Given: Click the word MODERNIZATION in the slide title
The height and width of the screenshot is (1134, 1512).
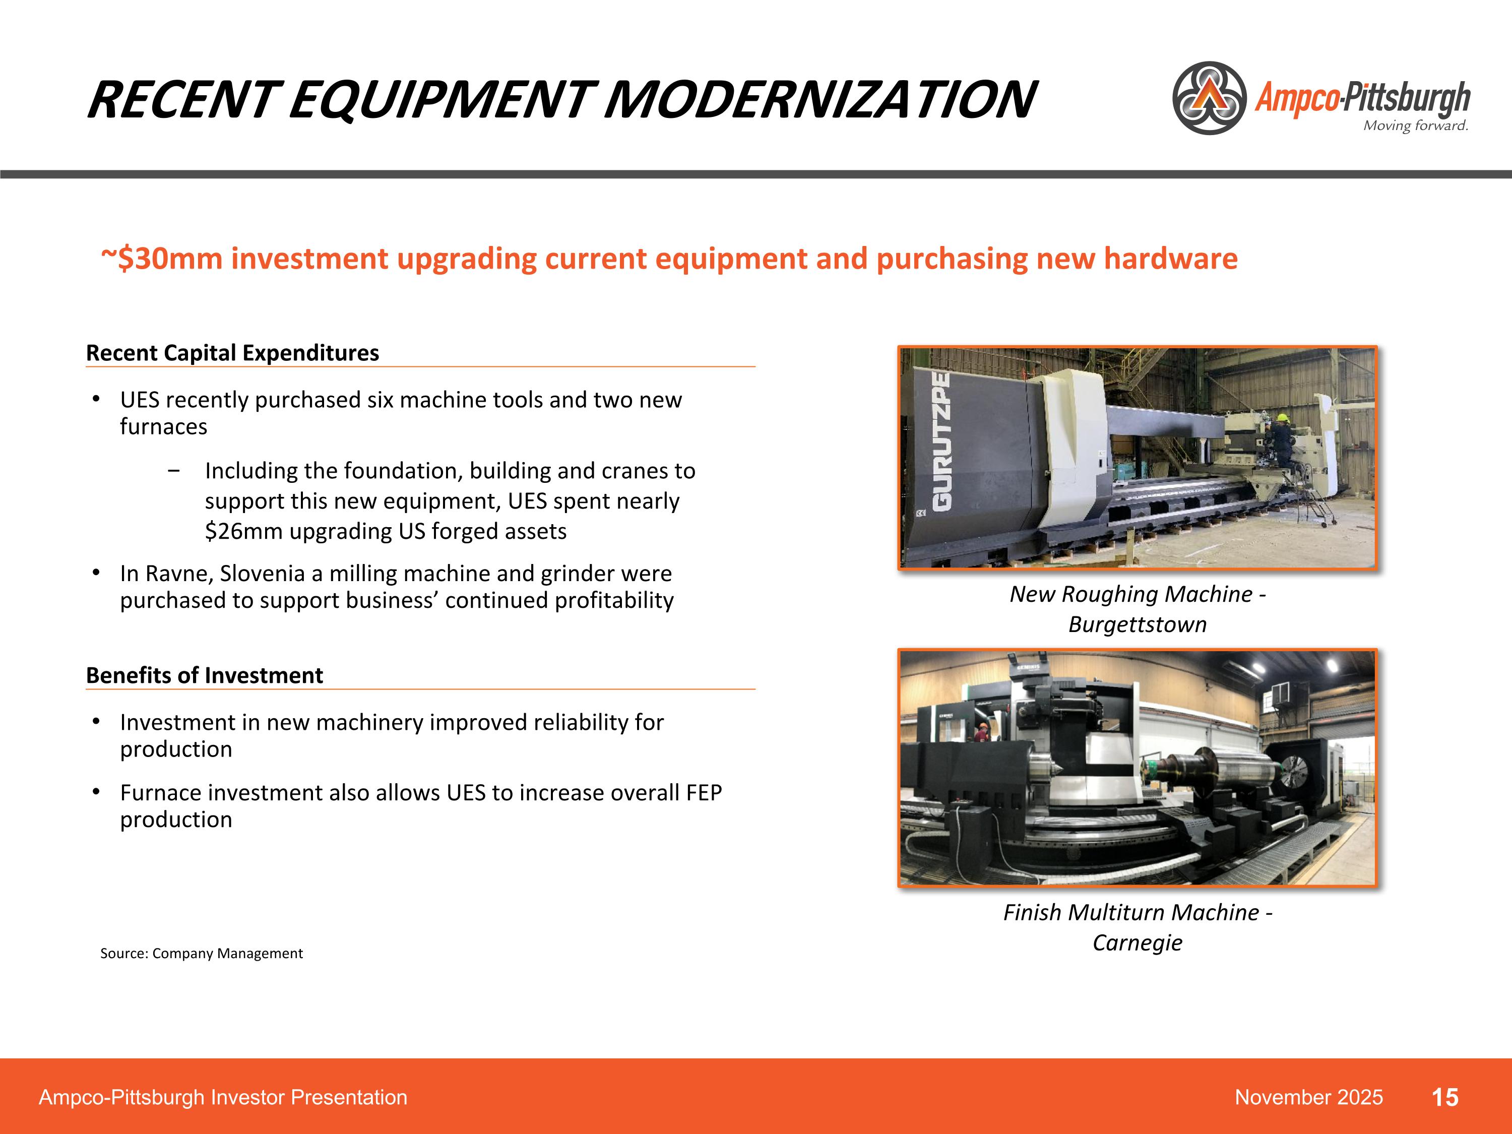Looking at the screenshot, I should click(820, 100).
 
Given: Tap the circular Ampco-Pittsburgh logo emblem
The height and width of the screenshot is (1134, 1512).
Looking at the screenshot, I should click(1209, 98).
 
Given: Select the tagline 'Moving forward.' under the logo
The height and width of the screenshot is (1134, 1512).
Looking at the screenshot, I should click(1415, 126).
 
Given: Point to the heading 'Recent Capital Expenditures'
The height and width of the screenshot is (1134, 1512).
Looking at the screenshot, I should click(232, 353).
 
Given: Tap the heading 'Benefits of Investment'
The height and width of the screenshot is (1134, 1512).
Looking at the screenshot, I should click(205, 675).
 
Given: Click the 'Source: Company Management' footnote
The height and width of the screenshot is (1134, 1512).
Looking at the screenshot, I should click(201, 954).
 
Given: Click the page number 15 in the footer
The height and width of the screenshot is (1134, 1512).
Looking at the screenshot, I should click(1444, 1098).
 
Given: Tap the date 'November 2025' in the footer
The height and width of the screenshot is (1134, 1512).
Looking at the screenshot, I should click(1308, 1098).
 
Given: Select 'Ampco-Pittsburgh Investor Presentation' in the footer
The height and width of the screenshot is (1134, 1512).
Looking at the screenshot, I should click(223, 1098).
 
